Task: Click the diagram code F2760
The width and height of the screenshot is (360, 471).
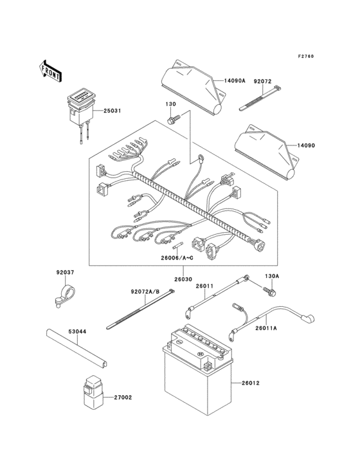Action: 307,57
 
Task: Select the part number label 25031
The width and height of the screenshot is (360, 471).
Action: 111,111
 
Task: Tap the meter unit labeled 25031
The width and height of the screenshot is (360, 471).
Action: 80,102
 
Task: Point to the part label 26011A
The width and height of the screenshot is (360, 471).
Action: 265,328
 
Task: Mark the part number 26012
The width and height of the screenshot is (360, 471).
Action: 251,383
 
